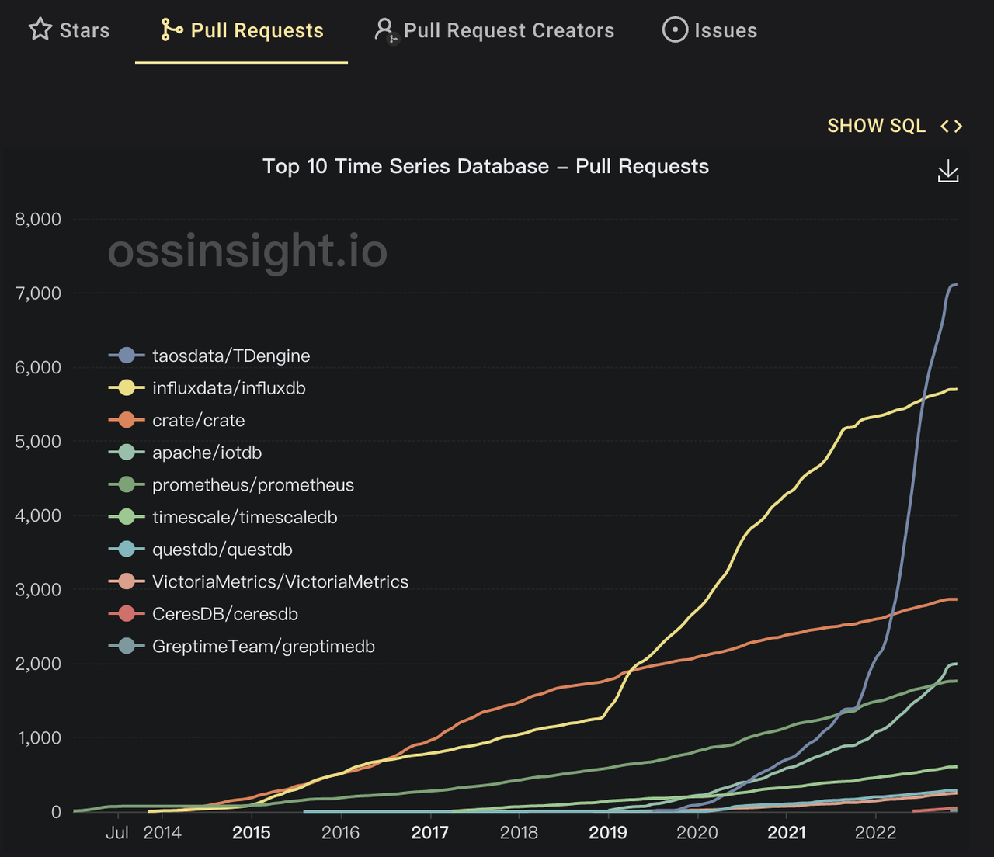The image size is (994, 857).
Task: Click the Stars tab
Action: click(x=69, y=30)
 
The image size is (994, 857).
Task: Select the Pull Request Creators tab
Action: click(x=495, y=30)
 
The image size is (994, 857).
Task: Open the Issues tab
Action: click(x=709, y=30)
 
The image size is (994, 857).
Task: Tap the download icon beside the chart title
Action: click(x=948, y=172)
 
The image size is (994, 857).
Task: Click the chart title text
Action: click(x=485, y=166)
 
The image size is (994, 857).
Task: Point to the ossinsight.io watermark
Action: click(x=247, y=252)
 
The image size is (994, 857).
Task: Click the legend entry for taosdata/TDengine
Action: click(x=231, y=356)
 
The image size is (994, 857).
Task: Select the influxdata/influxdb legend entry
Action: click(x=228, y=388)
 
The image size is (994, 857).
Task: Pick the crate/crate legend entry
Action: click(x=198, y=420)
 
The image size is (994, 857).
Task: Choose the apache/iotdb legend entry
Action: click(x=207, y=453)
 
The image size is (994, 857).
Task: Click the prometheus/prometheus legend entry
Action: click(x=252, y=485)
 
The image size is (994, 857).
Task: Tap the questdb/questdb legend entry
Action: click(x=222, y=550)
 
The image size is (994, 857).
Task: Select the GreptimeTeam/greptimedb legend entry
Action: click(x=263, y=647)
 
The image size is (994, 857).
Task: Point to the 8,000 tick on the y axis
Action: click(x=38, y=219)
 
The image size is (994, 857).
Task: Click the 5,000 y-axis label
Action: click(x=38, y=441)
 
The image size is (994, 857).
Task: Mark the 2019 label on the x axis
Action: click(x=608, y=833)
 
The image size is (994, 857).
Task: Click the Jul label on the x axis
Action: click(x=117, y=833)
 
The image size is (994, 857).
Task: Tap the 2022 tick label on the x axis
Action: click(x=875, y=833)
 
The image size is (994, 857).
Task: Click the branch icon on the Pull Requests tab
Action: click(x=171, y=30)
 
